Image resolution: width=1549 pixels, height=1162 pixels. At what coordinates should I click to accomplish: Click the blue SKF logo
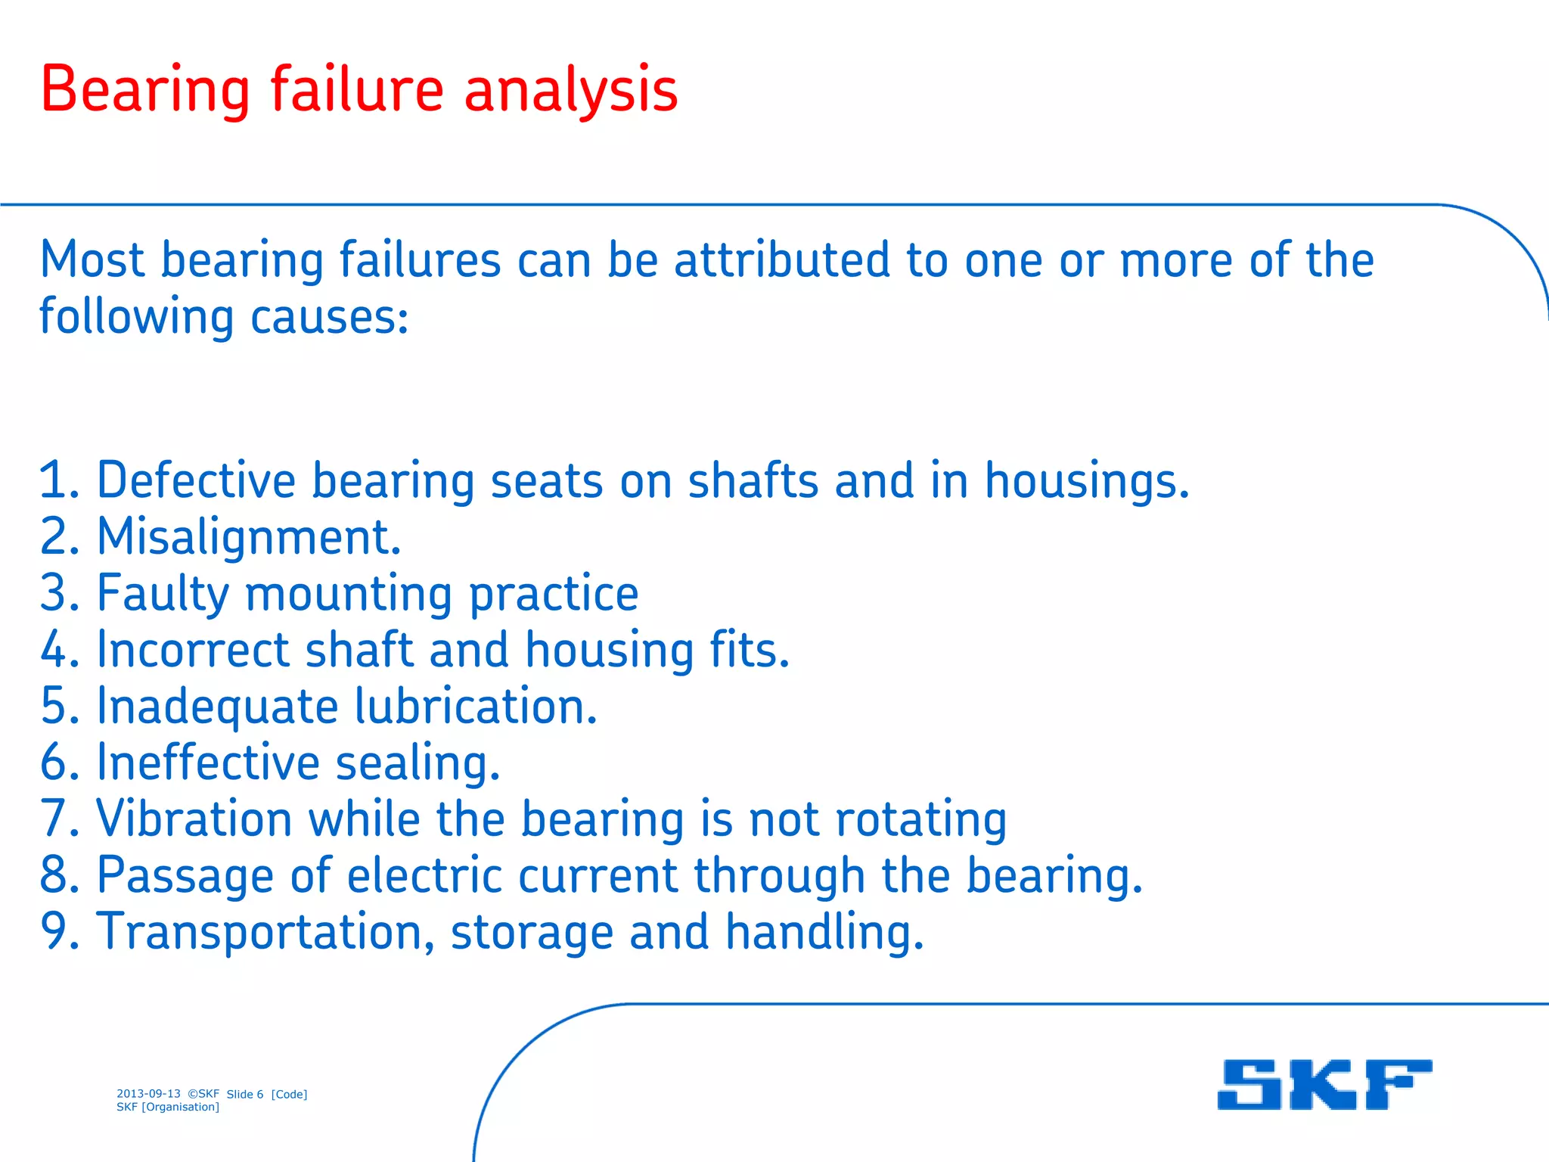point(1324,1084)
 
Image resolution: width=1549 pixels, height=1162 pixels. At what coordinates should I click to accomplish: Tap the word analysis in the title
point(571,91)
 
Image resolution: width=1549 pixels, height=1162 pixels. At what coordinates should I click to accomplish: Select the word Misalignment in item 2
point(249,537)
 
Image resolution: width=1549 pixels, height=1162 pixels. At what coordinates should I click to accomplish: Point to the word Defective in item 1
point(197,481)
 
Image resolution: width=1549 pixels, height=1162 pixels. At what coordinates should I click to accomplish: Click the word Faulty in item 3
point(163,594)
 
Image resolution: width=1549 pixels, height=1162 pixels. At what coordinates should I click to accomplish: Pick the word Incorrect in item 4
point(194,650)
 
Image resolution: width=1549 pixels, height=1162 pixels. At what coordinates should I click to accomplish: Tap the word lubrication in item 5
point(476,707)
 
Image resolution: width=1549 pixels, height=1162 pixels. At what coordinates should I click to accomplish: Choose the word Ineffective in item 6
point(209,763)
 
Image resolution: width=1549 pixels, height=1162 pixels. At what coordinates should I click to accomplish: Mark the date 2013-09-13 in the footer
point(148,1094)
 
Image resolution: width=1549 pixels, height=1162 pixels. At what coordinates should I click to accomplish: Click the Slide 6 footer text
point(245,1095)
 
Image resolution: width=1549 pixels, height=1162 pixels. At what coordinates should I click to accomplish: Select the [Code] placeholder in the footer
point(289,1095)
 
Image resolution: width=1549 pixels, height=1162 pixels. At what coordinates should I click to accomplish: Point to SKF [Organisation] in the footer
point(168,1108)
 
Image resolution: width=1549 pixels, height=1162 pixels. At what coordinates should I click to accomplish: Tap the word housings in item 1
point(1087,481)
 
